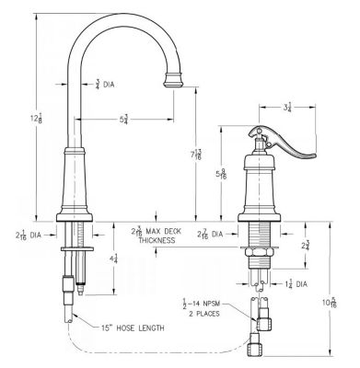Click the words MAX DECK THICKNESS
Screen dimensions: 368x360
click(x=162, y=236)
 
